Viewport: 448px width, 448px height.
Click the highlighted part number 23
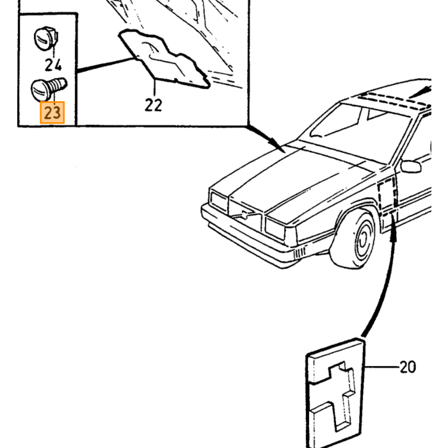(x=52, y=113)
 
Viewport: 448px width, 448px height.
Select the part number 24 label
(x=53, y=65)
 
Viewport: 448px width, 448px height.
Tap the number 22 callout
(x=154, y=105)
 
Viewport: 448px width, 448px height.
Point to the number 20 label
(x=408, y=367)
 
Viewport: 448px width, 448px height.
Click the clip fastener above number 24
(x=46, y=38)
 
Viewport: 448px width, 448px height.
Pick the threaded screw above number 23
(x=49, y=88)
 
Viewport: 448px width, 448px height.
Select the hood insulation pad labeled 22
(x=164, y=59)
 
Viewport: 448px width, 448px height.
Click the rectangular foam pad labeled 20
(x=335, y=392)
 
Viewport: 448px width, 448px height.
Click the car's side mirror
(x=411, y=166)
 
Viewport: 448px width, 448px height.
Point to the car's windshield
(x=360, y=129)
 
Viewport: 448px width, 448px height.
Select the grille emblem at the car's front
(x=244, y=214)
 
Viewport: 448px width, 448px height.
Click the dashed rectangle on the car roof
(x=394, y=100)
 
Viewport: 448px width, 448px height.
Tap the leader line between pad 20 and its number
(x=382, y=367)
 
